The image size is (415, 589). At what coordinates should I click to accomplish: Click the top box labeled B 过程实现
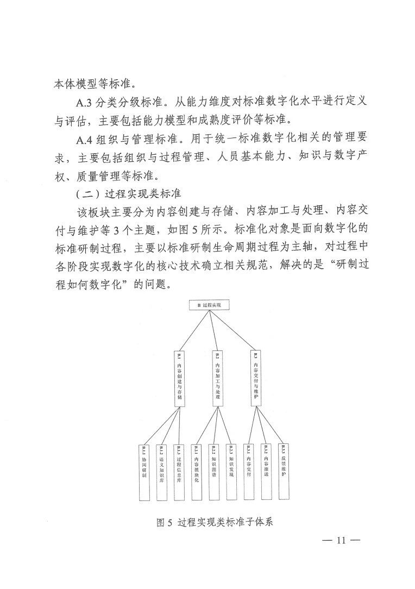[x=210, y=305]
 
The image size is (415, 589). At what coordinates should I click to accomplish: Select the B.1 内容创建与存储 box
[x=179, y=379]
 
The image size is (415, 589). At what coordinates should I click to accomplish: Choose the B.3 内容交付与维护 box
[x=255, y=378]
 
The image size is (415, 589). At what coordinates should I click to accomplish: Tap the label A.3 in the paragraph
[x=86, y=101]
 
